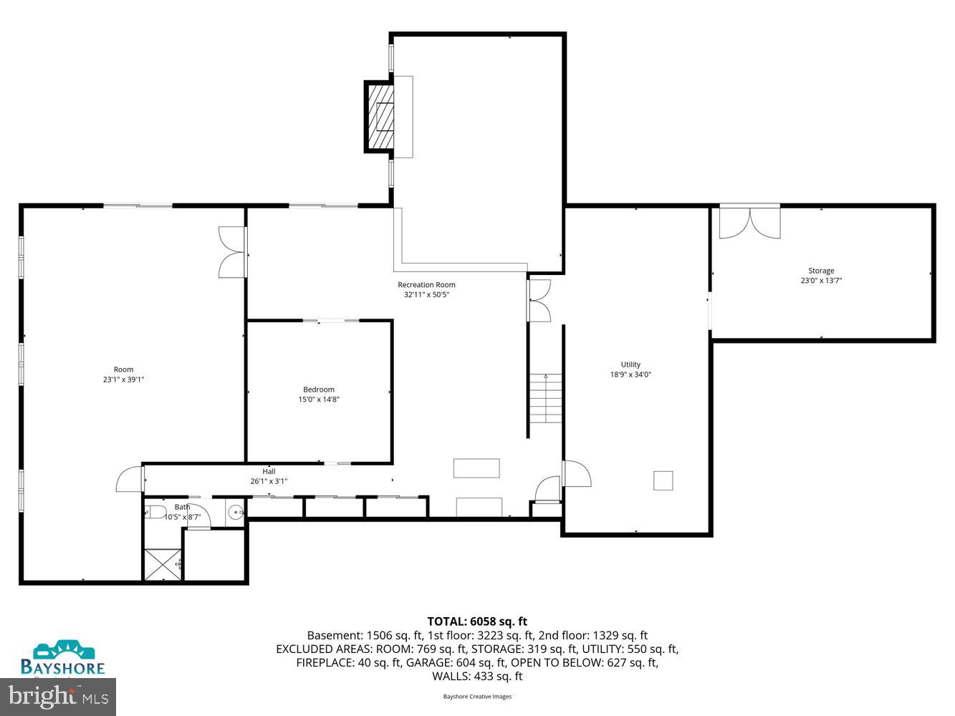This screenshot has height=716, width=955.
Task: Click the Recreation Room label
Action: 426,285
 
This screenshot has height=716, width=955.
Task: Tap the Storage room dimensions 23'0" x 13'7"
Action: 821,281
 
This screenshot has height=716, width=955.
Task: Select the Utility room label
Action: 630,364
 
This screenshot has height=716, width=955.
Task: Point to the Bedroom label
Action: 319,390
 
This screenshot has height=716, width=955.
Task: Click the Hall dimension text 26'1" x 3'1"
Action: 269,481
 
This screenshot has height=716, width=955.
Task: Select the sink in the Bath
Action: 236,512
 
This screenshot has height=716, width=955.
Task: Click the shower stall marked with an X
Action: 162,564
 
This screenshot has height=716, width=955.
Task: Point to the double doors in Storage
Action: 749,223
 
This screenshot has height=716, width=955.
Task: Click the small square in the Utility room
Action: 663,480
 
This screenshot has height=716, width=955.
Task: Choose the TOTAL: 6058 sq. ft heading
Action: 477,621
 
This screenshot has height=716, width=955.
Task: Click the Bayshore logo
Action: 63,659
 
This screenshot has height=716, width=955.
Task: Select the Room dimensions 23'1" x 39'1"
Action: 123,379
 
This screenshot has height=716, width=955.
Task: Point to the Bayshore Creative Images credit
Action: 477,696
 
